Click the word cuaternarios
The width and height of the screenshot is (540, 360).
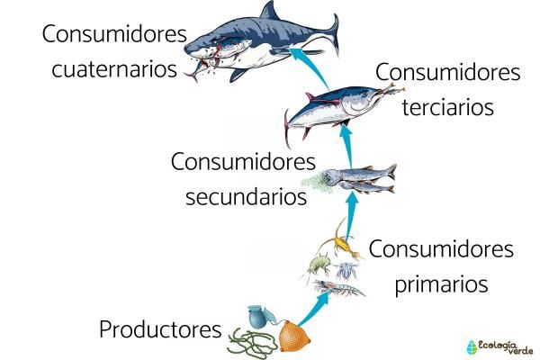114,68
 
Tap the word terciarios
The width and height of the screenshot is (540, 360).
448,106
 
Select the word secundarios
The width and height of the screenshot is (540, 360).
247,196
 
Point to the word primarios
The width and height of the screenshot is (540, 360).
441,284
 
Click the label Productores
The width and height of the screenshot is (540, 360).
160,329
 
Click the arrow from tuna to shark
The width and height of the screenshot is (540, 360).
309,67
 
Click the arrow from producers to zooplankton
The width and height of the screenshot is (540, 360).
313,309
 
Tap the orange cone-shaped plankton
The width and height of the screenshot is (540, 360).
293,336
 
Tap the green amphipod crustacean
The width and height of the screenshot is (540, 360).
319,265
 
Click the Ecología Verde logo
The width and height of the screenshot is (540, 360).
499,347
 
